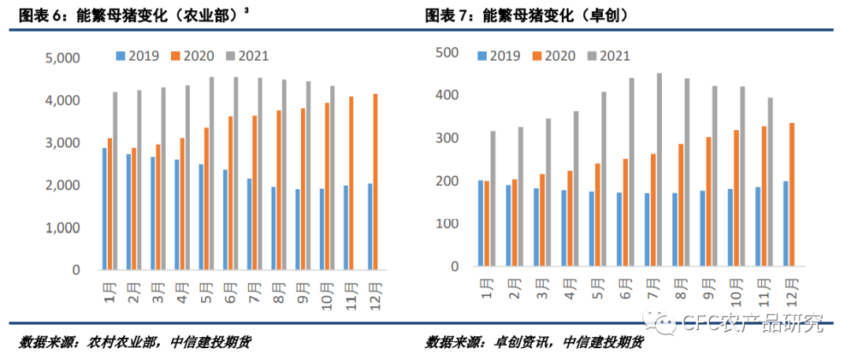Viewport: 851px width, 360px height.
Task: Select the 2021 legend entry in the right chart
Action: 608,56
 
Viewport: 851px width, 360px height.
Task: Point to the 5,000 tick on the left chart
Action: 62,58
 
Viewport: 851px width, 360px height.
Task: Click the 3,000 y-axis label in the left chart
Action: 62,143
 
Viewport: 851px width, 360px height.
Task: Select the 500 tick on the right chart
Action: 448,52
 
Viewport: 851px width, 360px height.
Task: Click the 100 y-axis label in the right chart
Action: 448,224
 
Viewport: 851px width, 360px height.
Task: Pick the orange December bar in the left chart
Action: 376,182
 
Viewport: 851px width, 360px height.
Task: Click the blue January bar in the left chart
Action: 104,209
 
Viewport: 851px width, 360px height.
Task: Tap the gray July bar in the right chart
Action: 660,169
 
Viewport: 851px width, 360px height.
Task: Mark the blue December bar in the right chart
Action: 785,224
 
